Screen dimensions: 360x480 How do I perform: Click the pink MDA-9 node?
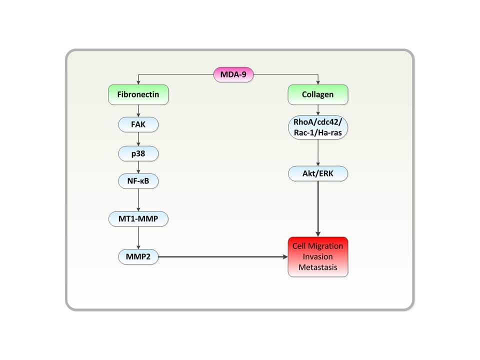(233, 75)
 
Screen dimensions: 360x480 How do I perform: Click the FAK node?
(138, 125)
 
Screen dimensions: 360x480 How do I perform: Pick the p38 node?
(138, 153)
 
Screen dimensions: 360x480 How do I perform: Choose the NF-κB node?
(138, 182)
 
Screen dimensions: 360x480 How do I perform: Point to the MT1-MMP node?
(138, 218)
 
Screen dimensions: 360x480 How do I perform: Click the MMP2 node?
(138, 257)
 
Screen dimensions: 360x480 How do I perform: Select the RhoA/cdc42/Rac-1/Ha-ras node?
(317, 128)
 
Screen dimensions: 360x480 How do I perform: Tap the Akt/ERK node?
(317, 173)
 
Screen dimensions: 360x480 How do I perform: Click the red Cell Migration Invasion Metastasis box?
(317, 256)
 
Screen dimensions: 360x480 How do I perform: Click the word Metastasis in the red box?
(317, 267)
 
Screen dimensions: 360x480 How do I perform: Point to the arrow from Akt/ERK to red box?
(317, 207)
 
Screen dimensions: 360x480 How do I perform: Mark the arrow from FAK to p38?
(138, 139)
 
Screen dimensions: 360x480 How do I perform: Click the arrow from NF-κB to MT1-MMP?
(138, 200)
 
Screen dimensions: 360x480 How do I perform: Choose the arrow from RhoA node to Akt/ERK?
(317, 152)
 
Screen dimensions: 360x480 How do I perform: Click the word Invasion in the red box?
(317, 256)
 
